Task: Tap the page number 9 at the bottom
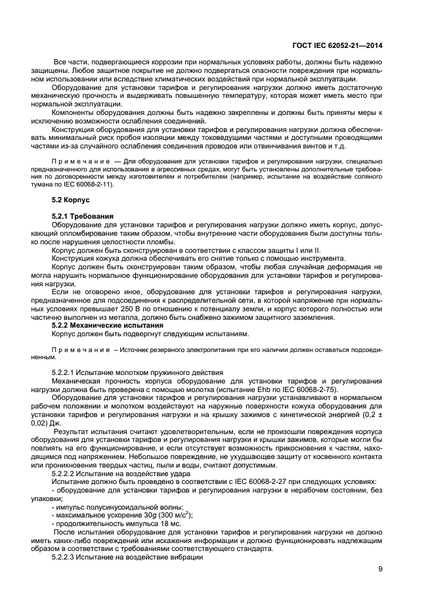pos(380,569)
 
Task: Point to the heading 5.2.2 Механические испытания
pos(107,326)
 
